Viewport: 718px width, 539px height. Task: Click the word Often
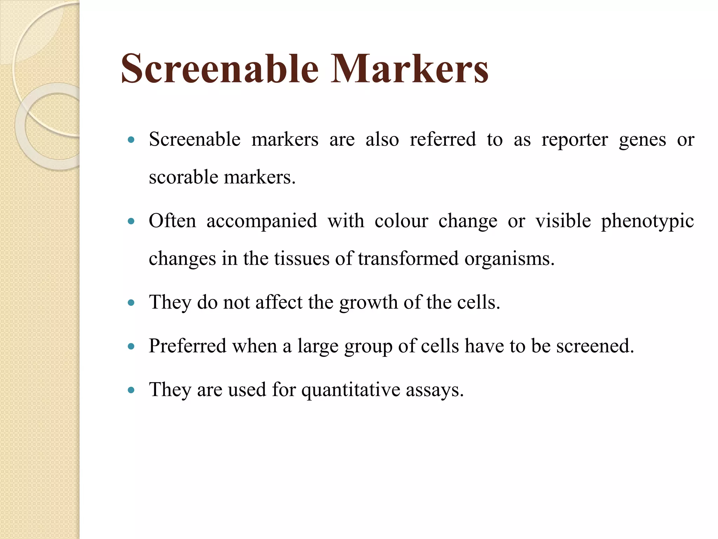point(172,221)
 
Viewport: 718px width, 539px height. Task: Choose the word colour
point(401,221)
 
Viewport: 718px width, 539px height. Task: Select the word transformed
point(408,259)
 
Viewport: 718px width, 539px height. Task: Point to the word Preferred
point(188,346)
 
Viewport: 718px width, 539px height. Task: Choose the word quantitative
point(351,390)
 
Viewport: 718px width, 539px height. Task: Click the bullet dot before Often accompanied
point(131,221)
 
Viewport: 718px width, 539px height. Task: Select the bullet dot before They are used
point(131,390)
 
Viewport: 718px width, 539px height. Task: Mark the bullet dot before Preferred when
point(131,346)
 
